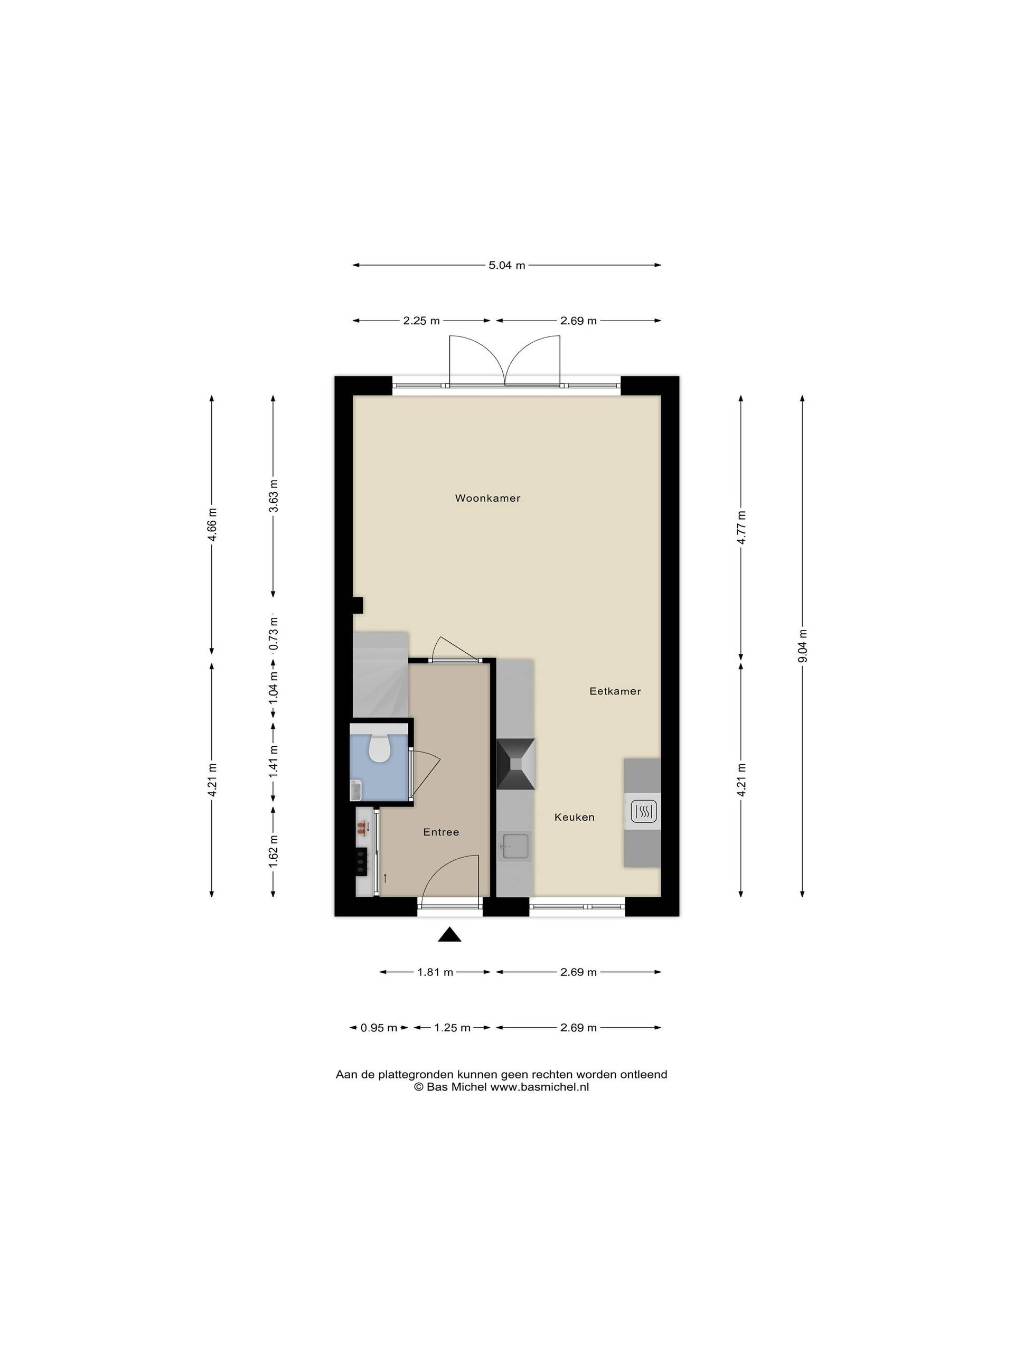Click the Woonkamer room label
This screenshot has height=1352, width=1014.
pyautogui.click(x=487, y=498)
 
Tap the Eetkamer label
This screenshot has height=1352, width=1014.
pyautogui.click(x=615, y=691)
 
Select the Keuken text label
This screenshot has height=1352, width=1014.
pyautogui.click(x=574, y=817)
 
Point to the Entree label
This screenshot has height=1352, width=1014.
pyautogui.click(x=440, y=832)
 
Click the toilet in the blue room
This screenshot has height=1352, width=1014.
pyautogui.click(x=380, y=747)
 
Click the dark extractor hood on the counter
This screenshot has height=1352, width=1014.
pyautogui.click(x=515, y=764)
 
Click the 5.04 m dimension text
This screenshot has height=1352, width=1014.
pyautogui.click(x=506, y=265)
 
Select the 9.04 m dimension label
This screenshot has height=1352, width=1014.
pyautogui.click(x=803, y=645)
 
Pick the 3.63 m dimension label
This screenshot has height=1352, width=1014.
pyautogui.click(x=273, y=496)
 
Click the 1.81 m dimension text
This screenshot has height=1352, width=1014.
pyautogui.click(x=435, y=972)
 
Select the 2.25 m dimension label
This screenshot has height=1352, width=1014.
pyautogui.click(x=421, y=320)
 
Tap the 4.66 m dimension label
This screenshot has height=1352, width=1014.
pyautogui.click(x=212, y=524)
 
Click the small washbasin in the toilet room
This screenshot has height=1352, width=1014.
pyautogui.click(x=356, y=790)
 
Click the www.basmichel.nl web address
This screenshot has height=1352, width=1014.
pyautogui.click(x=539, y=1087)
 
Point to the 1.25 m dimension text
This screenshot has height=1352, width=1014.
pyautogui.click(x=452, y=1027)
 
